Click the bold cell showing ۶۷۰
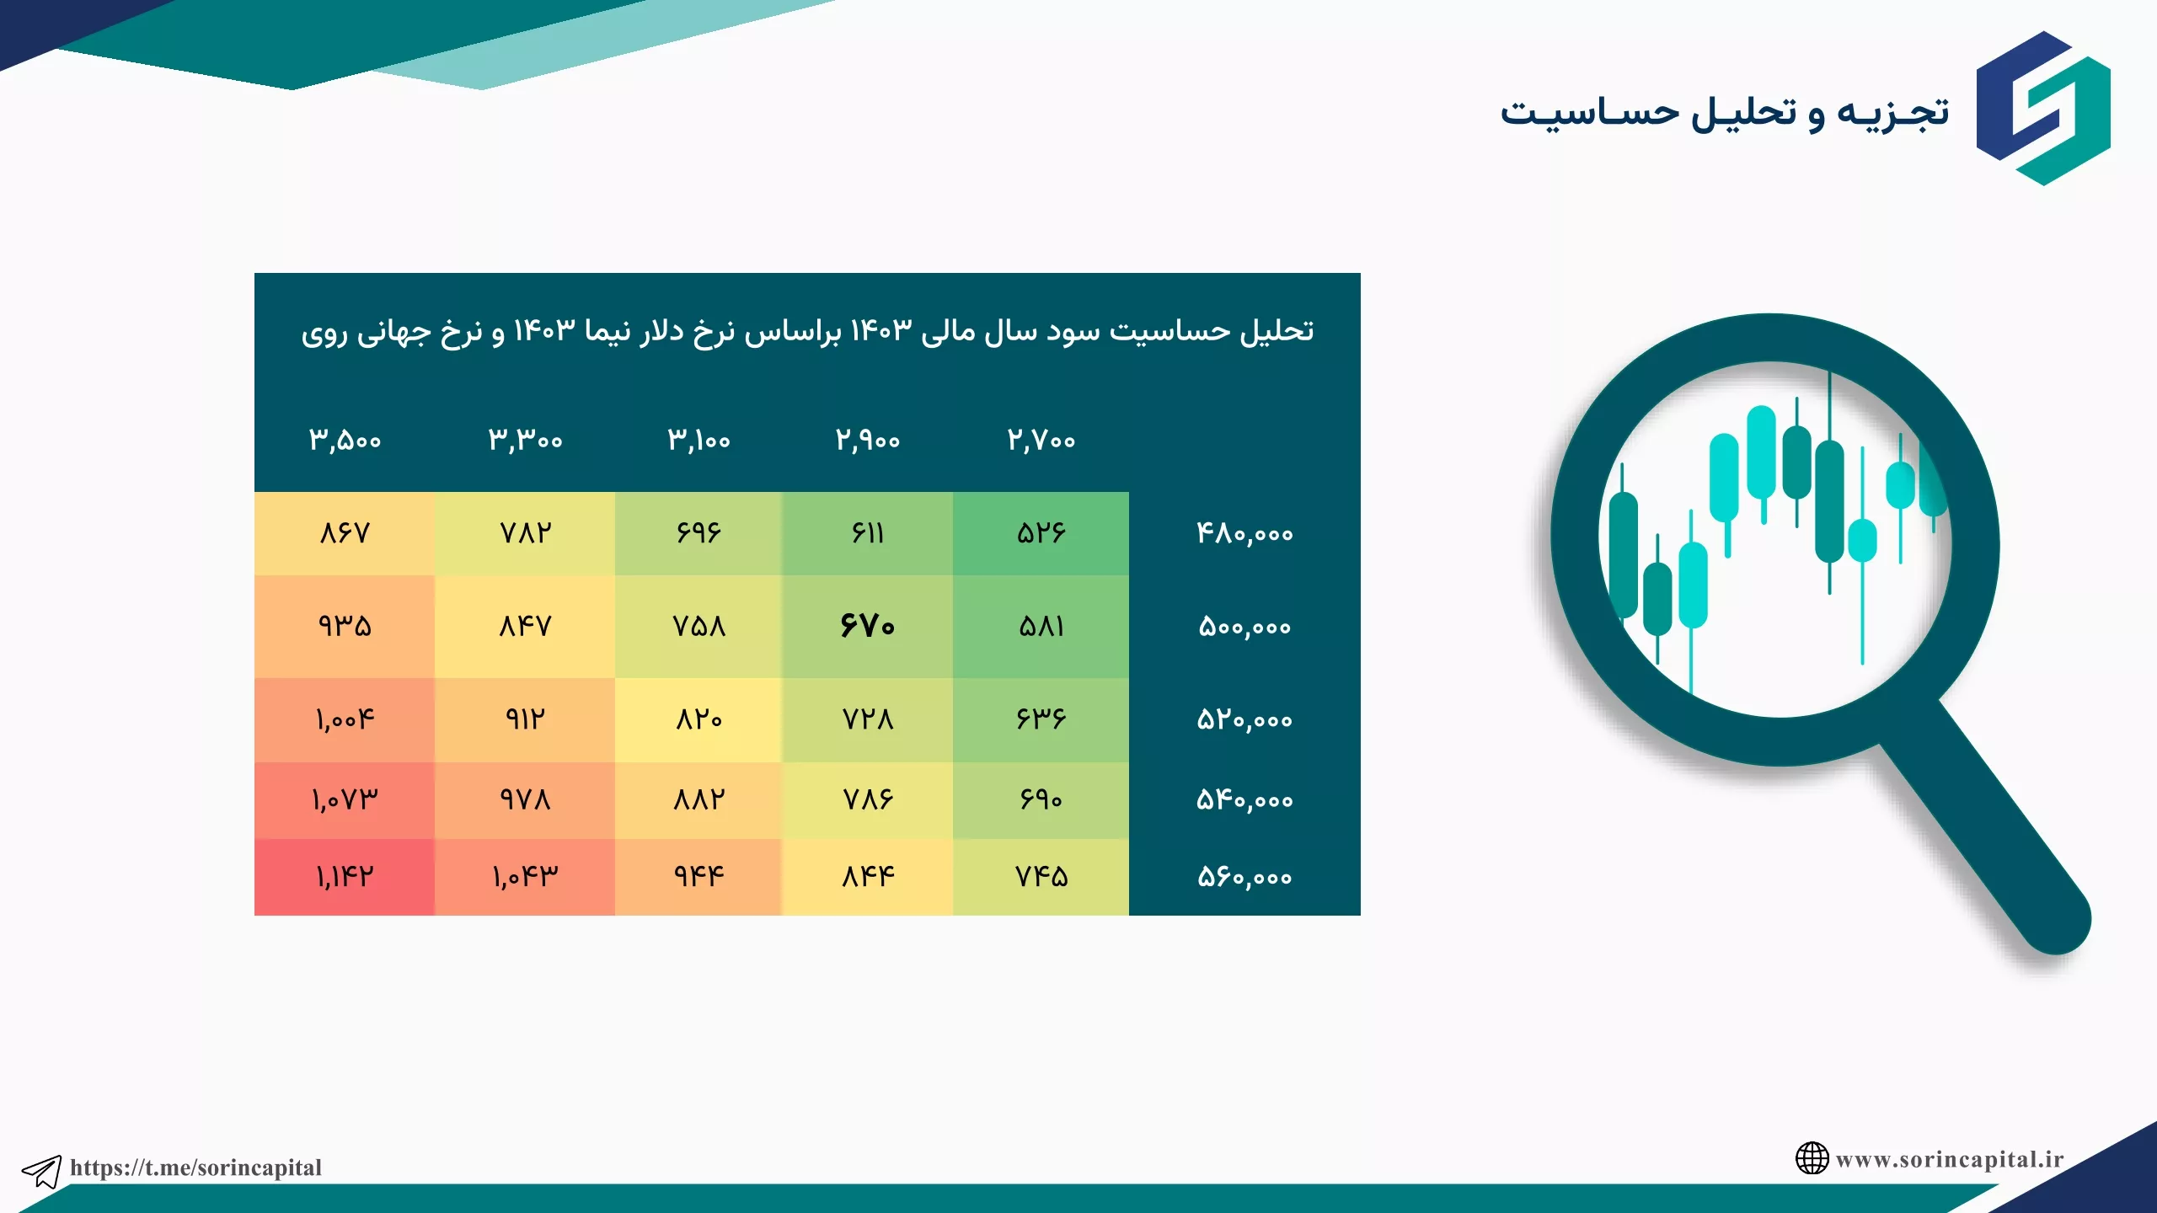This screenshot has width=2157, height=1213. coord(867,626)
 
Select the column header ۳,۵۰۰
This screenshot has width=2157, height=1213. coord(345,440)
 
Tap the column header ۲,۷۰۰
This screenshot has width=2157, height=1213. coord(1041,440)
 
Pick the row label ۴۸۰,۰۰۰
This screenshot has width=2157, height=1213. coord(1244,533)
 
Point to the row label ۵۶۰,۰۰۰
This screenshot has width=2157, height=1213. coord(1244,877)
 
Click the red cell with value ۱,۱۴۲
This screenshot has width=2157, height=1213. coord(345,877)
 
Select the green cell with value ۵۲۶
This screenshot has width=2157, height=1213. coord(1041,533)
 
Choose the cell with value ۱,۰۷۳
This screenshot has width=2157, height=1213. coord(345,800)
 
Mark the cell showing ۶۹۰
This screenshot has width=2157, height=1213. coord(1041,800)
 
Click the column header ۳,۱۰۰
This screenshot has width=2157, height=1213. coord(698,440)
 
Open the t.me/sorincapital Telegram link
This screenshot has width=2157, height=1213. coord(195,1168)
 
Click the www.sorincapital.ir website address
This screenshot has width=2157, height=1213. coord(1950,1159)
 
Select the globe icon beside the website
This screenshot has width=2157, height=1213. coord(1812,1158)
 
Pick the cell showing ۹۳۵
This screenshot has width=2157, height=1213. coord(345,626)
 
